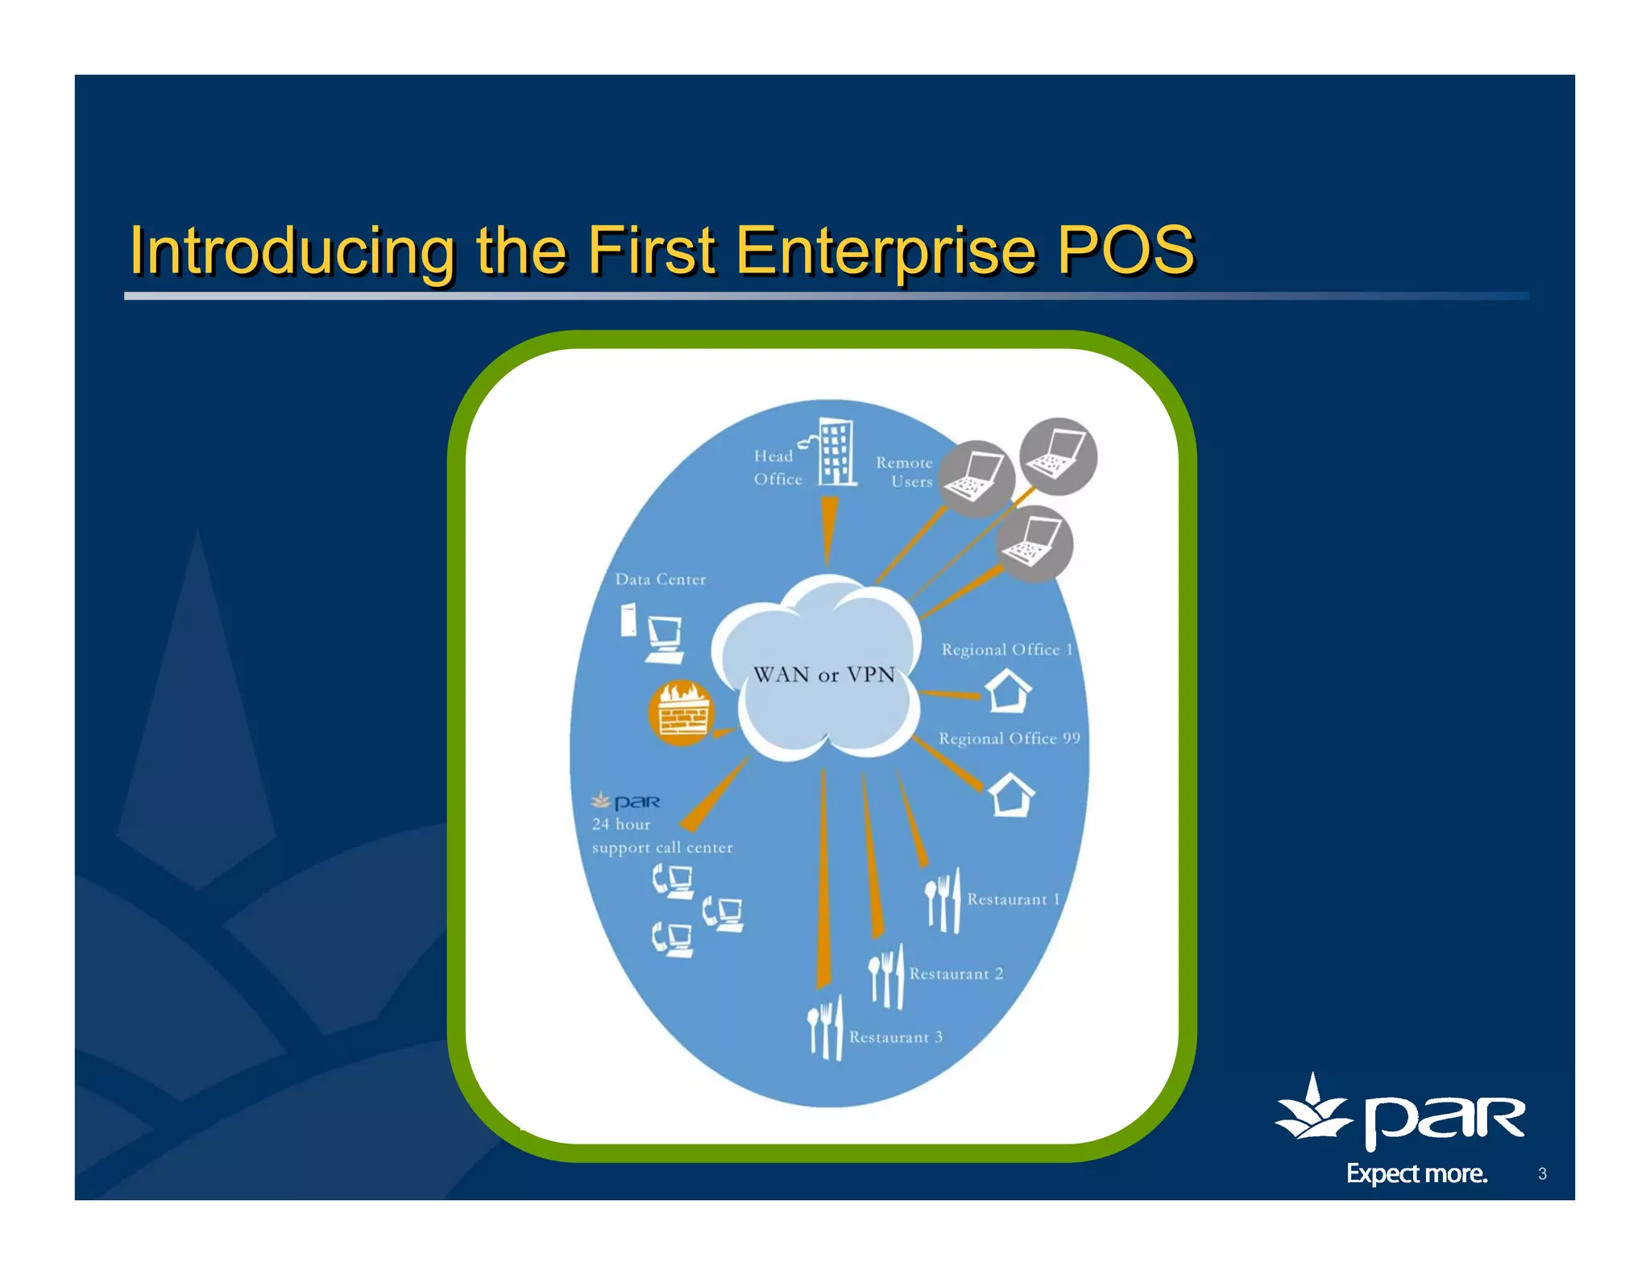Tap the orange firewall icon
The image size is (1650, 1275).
(x=682, y=712)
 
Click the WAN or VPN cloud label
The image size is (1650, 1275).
(x=823, y=675)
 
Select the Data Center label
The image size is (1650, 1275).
(x=660, y=579)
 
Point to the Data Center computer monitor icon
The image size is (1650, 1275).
(x=665, y=638)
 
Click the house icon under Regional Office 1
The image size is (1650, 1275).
(x=1008, y=691)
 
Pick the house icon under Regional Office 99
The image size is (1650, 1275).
(x=1011, y=795)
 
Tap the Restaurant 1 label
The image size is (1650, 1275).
(x=1013, y=899)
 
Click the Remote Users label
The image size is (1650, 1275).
(x=906, y=472)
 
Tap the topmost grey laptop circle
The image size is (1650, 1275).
(x=1058, y=456)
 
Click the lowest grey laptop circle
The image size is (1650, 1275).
(x=1034, y=544)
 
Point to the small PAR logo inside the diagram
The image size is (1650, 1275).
(x=626, y=802)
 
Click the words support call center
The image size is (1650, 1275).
(x=662, y=848)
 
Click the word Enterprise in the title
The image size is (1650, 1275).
(x=885, y=250)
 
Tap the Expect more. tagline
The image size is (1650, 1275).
(x=1416, y=1173)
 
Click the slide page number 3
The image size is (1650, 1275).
(x=1542, y=1173)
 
